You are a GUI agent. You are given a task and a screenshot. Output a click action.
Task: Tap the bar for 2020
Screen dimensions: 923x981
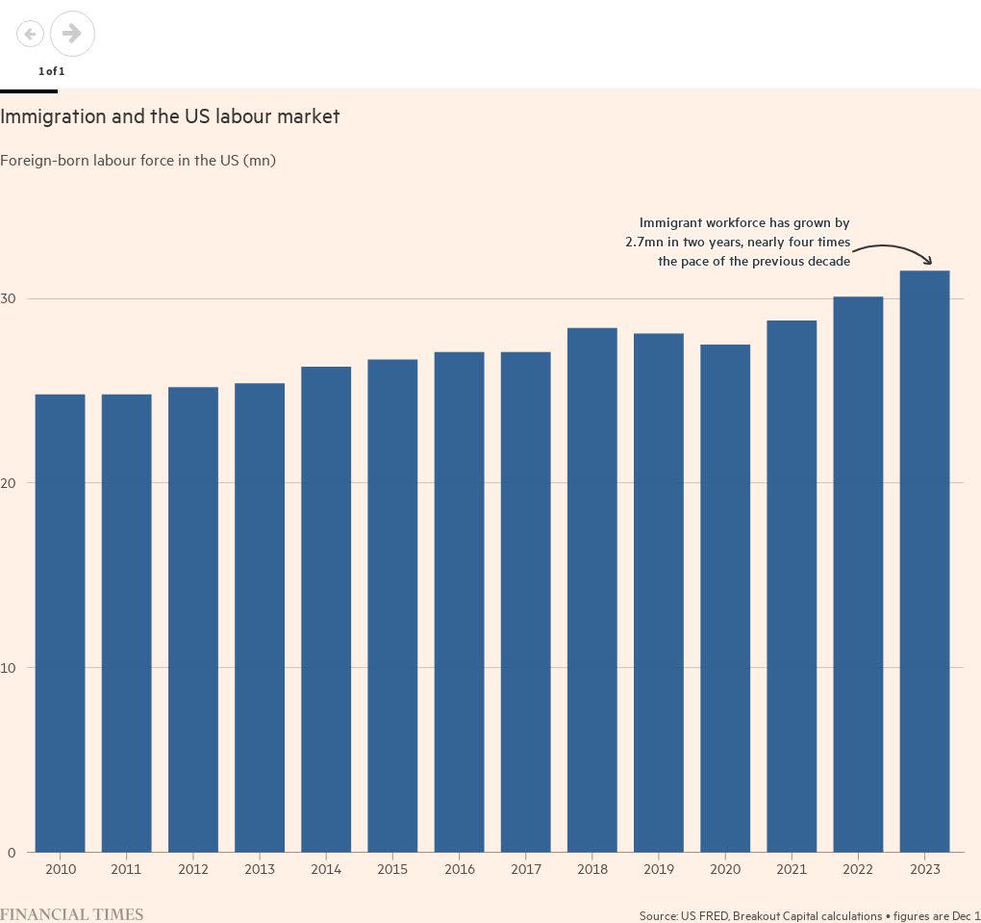click(725, 598)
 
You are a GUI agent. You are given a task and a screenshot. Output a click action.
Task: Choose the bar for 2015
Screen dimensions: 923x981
click(392, 605)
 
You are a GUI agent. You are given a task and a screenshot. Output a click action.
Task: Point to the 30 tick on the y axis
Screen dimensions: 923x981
click(9, 299)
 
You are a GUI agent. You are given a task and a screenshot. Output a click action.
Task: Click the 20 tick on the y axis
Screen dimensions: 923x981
click(9, 483)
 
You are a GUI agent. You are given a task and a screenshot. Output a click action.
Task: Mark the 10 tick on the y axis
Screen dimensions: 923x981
click(9, 668)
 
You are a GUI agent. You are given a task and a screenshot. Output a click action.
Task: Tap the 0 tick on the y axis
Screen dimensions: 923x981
click(12, 853)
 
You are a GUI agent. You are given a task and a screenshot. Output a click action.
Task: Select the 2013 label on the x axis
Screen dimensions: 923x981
click(260, 869)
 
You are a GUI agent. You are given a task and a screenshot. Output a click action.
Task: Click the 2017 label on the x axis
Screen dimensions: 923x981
click(526, 869)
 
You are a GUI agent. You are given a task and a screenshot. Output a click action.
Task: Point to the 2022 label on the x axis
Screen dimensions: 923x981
click(858, 869)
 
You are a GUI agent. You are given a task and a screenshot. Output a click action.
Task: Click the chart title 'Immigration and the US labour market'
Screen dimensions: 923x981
click(170, 116)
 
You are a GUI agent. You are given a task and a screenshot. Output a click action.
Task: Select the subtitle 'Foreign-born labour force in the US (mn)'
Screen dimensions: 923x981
click(138, 160)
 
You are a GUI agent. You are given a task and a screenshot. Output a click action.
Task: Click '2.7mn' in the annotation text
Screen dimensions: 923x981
click(643, 242)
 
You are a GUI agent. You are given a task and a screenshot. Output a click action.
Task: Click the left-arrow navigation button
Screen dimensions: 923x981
click(30, 35)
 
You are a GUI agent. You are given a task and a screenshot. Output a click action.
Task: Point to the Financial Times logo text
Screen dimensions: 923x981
click(71, 914)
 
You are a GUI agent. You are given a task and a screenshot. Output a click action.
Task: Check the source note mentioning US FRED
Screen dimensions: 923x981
click(809, 915)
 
